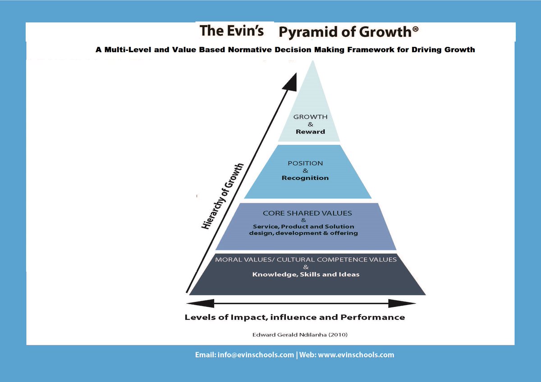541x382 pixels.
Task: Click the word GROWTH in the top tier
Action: pos(310,117)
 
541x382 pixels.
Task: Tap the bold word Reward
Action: pos(310,132)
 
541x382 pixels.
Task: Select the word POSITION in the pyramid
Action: pos(305,163)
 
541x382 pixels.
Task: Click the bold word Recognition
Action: pos(305,178)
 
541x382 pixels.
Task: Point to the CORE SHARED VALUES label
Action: pos(307,213)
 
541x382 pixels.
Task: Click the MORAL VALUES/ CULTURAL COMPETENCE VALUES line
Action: pos(306,260)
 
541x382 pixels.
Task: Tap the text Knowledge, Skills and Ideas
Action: pos(306,274)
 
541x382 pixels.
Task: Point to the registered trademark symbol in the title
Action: pos(415,28)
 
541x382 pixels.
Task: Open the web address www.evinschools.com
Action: pos(356,355)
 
